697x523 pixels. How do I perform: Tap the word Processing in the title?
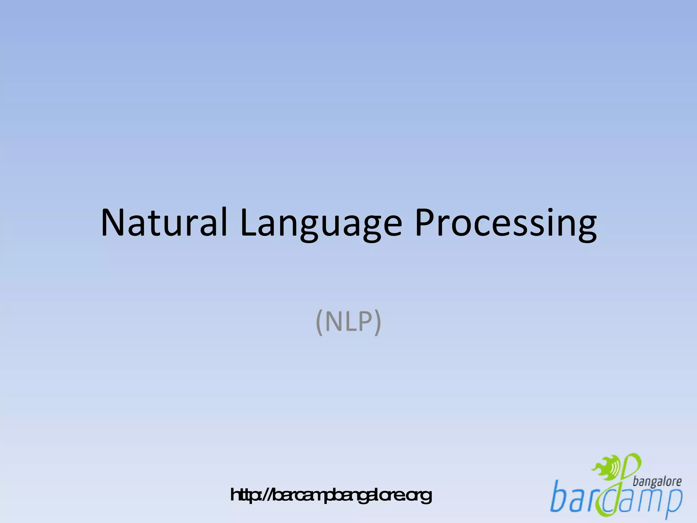pyautogui.click(x=505, y=223)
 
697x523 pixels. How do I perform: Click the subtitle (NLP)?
pyautogui.click(x=348, y=322)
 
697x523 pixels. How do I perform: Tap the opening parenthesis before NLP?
pyautogui.click(x=319, y=322)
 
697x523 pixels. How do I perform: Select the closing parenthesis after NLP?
pyautogui.click(x=378, y=322)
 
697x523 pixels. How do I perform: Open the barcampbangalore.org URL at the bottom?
pyautogui.click(x=331, y=495)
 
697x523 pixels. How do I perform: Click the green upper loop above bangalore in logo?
pyautogui.click(x=633, y=465)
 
